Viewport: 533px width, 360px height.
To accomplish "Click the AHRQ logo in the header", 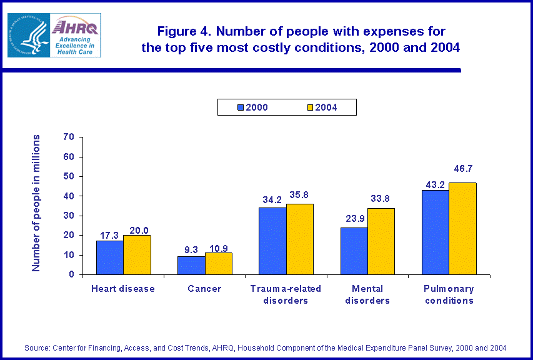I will click(x=54, y=35).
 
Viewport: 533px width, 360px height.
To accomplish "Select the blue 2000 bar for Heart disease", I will click(x=110, y=257).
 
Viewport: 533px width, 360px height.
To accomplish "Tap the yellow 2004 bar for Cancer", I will click(x=218, y=263).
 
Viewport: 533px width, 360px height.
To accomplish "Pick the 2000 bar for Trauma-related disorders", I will click(x=272, y=241).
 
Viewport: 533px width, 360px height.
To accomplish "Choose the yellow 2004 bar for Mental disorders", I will click(x=381, y=241).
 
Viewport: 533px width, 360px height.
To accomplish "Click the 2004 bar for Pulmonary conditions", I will click(x=462, y=228).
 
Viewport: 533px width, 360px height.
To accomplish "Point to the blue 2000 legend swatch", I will click(x=241, y=107).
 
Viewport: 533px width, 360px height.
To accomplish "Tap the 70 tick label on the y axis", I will click(x=69, y=137).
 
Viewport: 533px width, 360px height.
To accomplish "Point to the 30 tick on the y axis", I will click(x=69, y=216).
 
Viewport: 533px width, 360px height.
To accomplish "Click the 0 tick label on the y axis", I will click(x=72, y=274).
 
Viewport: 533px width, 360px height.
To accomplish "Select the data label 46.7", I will click(x=463, y=169).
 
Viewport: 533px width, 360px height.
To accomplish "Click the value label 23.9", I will click(x=354, y=219).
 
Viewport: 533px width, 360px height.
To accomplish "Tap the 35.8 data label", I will click(x=300, y=195).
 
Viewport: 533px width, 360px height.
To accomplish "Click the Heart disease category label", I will click(x=123, y=289).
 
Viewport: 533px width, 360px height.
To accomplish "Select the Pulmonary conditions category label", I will click(x=448, y=294).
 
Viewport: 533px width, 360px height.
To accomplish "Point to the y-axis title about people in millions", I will click(x=36, y=202).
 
